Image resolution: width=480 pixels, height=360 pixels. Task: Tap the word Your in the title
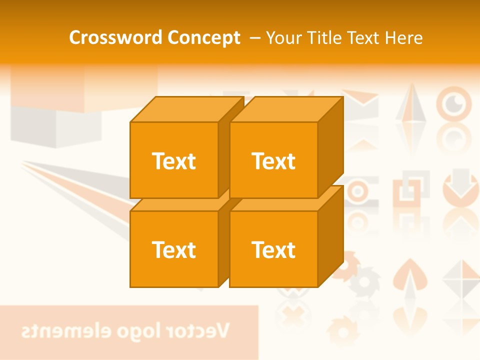[x=283, y=38]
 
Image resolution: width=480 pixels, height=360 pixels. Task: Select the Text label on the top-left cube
[x=174, y=161]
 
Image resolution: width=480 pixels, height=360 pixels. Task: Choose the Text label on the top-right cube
[x=273, y=161]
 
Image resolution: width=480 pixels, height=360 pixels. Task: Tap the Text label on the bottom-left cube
[x=174, y=249]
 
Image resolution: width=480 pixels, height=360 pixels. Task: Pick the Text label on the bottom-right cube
[x=273, y=249]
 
